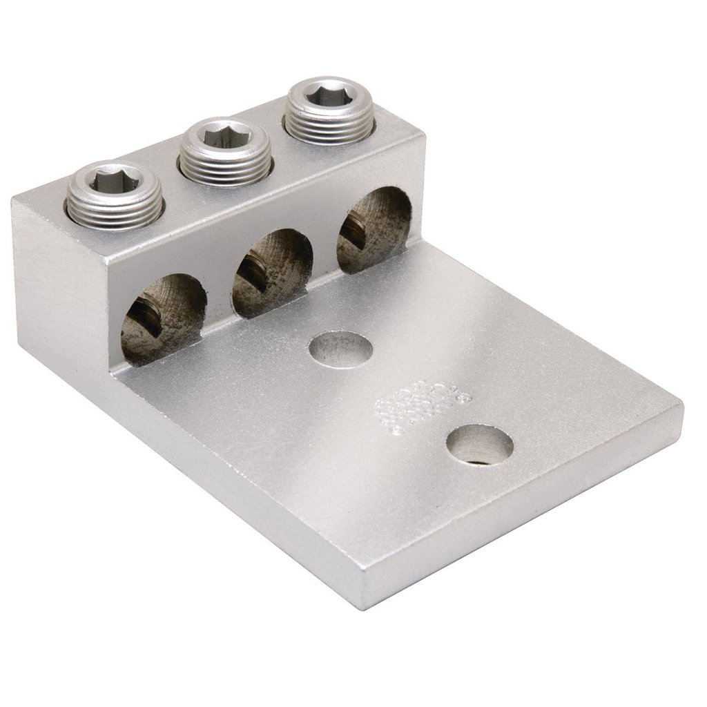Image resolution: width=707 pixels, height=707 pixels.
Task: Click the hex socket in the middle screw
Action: [224, 137]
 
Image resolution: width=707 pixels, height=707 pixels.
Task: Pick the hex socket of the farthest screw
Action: [329, 97]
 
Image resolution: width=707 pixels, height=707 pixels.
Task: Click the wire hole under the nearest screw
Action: [163, 318]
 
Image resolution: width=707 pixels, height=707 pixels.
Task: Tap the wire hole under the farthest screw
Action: [374, 230]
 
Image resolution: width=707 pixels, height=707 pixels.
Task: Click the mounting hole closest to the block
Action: [340, 349]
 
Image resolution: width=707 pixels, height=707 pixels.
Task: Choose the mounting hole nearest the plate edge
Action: [479, 445]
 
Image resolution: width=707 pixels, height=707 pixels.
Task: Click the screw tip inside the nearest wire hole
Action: [146, 313]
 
